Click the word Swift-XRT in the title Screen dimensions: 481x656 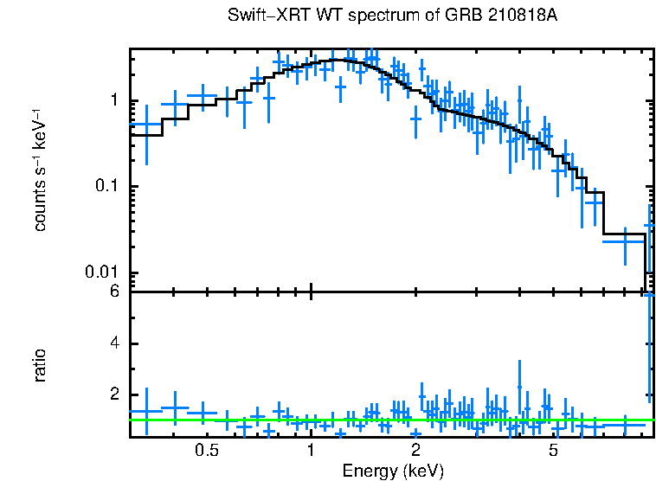pyautogui.click(x=263, y=16)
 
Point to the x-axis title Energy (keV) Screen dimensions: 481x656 pyautogui.click(x=392, y=471)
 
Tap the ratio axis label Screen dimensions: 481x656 pyautogui.click(x=40, y=365)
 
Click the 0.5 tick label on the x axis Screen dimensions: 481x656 pyautogui.click(x=206, y=451)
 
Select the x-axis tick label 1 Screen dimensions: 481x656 pyautogui.click(x=311, y=451)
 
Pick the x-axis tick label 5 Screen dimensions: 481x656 pyautogui.click(x=554, y=451)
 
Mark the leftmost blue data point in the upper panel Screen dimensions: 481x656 pyautogui.click(x=146, y=125)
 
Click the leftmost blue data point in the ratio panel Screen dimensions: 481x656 pyautogui.click(x=146, y=411)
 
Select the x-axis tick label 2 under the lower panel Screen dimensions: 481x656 pyautogui.click(x=415, y=451)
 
